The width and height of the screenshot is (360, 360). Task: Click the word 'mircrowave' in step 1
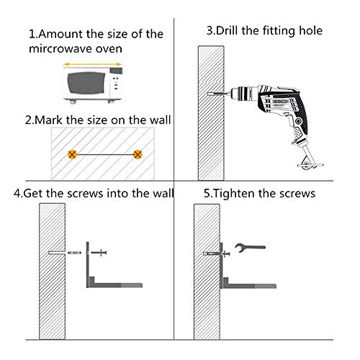(60, 49)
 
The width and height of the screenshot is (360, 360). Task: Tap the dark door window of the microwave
(86, 83)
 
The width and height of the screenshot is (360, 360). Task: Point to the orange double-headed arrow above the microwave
(93, 64)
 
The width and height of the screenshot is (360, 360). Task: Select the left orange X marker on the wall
(72, 154)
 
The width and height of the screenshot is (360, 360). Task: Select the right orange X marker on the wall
(138, 154)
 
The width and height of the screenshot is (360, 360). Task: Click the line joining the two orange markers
(105, 155)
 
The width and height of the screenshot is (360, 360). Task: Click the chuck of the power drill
(242, 94)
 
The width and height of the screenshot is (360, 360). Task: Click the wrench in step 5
(250, 247)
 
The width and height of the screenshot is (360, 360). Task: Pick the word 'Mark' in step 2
(48, 120)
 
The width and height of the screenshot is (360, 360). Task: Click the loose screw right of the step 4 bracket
(99, 253)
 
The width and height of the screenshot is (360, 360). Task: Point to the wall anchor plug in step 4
(74, 253)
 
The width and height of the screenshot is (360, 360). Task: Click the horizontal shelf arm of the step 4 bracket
(116, 285)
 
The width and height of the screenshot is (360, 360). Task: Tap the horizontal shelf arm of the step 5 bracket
(250, 286)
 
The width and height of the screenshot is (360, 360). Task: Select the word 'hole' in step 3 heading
(310, 31)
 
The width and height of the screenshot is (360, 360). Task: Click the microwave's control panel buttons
(116, 83)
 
